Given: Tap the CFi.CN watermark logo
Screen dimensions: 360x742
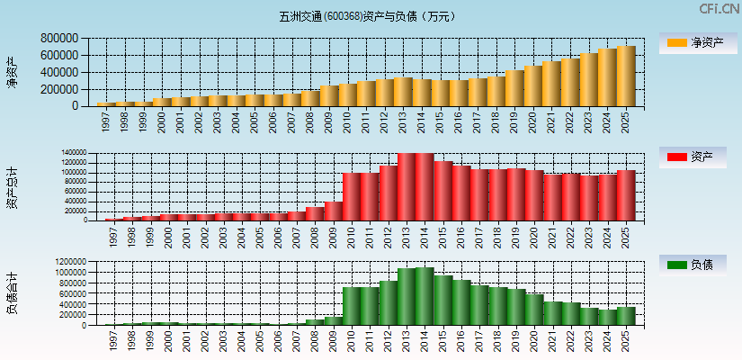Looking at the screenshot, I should coord(719,9).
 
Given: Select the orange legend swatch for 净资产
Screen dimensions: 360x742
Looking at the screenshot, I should coord(676,43).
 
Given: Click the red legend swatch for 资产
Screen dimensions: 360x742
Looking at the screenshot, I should coord(676,157).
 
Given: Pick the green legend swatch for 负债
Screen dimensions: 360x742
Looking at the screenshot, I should coord(676,265).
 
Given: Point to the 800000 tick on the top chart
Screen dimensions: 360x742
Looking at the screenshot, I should coord(58,39).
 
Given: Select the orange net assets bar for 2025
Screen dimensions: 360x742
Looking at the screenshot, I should coord(626,76).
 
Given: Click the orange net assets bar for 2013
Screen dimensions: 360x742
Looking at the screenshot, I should coord(403,92).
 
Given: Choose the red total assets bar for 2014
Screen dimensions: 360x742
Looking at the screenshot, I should coord(422,186).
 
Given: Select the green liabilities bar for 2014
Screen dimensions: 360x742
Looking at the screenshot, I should coord(422,296).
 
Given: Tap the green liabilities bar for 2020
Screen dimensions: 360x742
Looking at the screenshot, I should coord(533,310).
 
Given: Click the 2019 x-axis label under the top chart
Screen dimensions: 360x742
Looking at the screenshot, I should coord(515,121).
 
